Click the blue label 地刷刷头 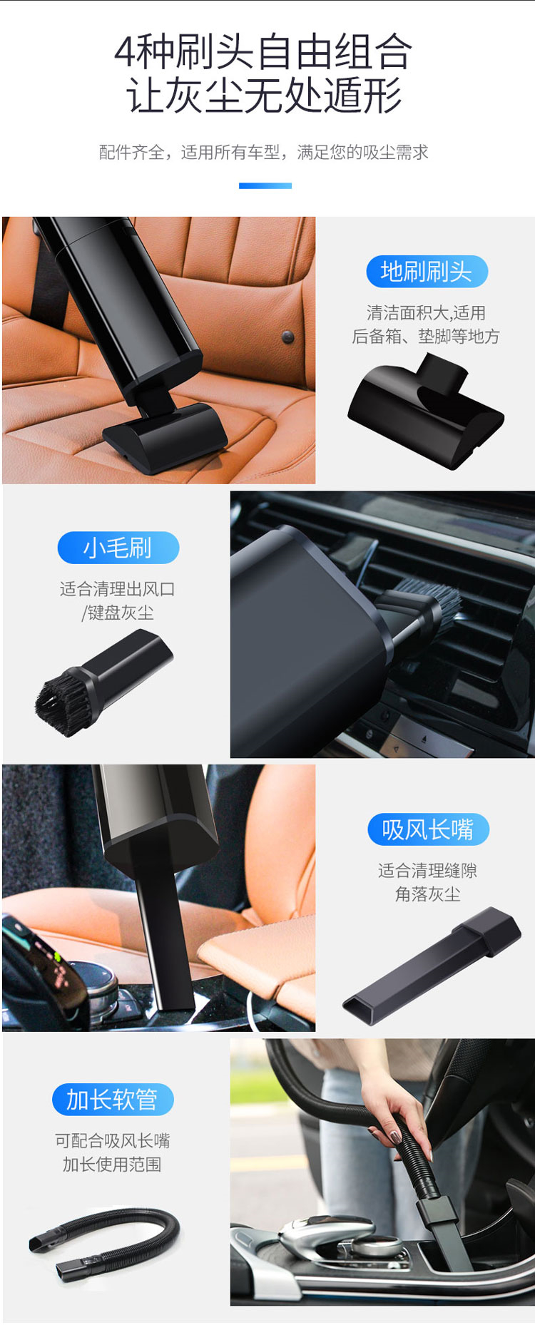427,272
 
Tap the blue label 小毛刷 118,548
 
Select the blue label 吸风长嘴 428,829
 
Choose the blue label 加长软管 113,1099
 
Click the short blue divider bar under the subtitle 265,185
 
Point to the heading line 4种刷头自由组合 263,52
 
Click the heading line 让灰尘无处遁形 264,96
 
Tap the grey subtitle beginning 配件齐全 263,152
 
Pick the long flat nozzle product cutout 432,965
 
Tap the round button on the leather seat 288,336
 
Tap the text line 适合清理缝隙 427,870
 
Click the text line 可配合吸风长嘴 113,1140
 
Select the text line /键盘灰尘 118,613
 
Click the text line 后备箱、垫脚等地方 426,337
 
